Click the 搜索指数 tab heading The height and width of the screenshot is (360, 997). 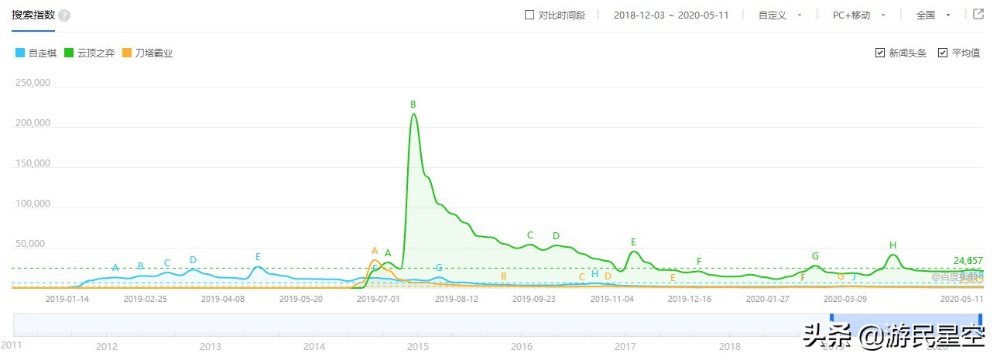33,15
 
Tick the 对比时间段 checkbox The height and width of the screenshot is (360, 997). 529,15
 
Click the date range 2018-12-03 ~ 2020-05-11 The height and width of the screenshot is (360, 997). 671,15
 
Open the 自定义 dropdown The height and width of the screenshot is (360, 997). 779,15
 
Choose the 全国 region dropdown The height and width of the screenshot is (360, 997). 932,15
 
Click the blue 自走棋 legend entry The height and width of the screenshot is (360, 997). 38,53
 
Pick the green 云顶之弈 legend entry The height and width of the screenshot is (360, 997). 91,53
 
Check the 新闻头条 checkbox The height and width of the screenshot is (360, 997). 880,53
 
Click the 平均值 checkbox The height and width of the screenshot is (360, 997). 943,53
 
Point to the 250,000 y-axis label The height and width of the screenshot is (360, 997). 32,83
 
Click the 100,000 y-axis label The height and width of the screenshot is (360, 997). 32,204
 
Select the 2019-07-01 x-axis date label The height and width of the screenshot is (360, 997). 378,298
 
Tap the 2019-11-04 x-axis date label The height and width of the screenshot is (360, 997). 612,298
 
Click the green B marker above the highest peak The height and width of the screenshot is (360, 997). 413,104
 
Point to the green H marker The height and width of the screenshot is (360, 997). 893,245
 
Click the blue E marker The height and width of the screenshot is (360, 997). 258,256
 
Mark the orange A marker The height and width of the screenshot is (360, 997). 375,251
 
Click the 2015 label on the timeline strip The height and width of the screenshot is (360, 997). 418,347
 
